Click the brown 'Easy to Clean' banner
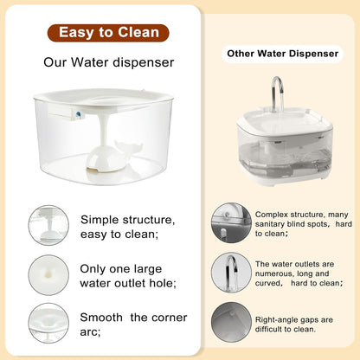coord(108,33)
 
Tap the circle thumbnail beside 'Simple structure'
coord(48,226)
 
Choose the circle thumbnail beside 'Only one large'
coord(48,275)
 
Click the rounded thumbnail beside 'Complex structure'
coord(232,223)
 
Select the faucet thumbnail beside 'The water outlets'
coord(232,273)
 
